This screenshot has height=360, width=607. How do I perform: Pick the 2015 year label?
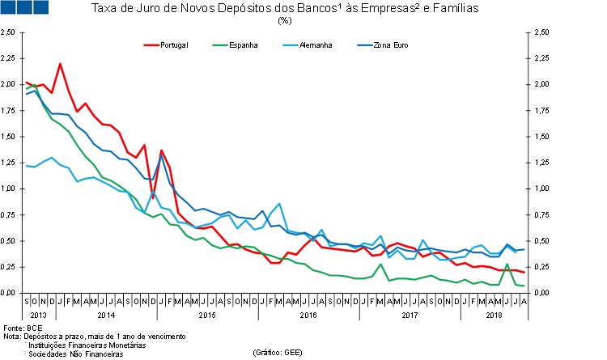206,314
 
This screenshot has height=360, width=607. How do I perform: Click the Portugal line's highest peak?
61,64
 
